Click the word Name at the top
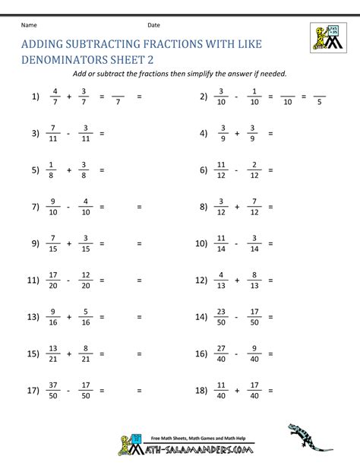(x=28, y=24)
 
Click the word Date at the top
(x=153, y=24)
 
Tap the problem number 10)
(x=201, y=244)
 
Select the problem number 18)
(x=201, y=391)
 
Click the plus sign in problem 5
(x=69, y=170)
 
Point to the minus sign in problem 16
(x=236, y=354)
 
